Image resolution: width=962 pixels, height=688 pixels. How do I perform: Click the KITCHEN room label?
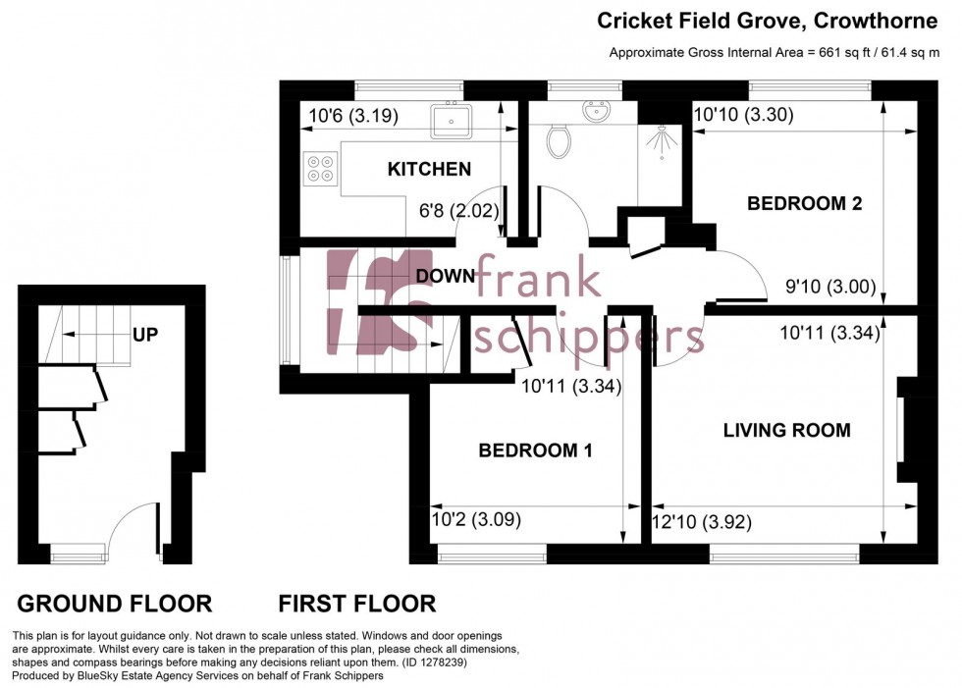coord(429,170)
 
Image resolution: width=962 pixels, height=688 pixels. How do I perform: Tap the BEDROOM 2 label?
coord(804,204)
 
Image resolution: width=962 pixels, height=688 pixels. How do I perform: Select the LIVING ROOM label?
coord(786,430)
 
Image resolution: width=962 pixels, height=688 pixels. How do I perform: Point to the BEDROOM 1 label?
coord(535,450)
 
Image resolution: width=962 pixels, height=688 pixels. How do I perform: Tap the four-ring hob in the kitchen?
coord(319,167)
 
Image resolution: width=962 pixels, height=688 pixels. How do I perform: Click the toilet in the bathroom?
coord(559,141)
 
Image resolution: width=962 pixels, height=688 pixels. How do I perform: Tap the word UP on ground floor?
coord(145,334)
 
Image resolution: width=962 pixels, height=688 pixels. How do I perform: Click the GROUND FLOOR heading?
coord(114,604)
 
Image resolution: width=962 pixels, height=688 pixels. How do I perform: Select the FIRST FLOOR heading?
coord(356,604)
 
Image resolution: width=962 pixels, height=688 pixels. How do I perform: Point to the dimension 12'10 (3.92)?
coord(702,523)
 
